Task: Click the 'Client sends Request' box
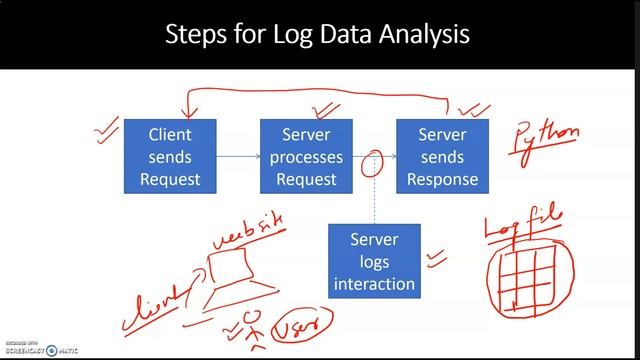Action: pyautogui.click(x=169, y=157)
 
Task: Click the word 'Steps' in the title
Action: pyautogui.click(x=199, y=35)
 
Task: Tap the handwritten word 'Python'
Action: pyautogui.click(x=546, y=140)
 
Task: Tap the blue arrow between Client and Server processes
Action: pyautogui.click(x=237, y=157)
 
